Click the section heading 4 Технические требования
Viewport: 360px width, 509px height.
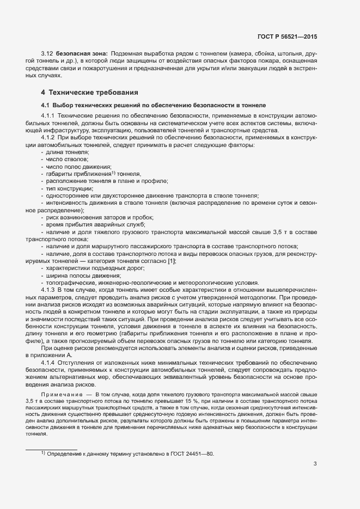(89, 91)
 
